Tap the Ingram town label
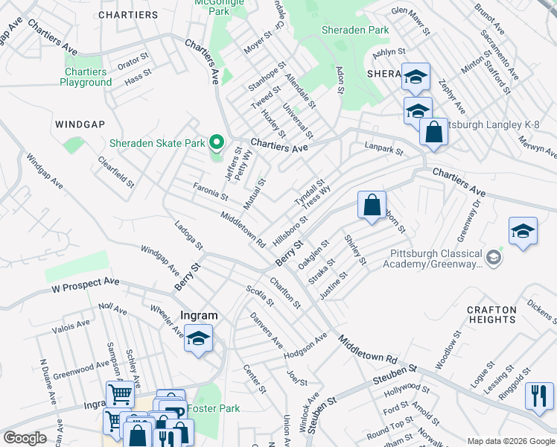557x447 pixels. click(x=198, y=315)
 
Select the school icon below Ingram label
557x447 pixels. click(x=198, y=339)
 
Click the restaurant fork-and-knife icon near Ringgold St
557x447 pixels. click(x=539, y=396)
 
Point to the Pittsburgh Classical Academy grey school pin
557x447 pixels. click(x=492, y=259)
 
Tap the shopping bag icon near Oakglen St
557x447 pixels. click(x=372, y=206)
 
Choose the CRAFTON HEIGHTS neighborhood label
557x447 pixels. click(x=491, y=314)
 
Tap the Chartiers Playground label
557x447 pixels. click(x=86, y=77)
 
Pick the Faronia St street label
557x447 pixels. click(x=210, y=192)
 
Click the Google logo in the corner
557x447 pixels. click(x=25, y=438)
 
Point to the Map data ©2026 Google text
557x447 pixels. click(x=510, y=440)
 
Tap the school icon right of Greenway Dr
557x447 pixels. click(x=523, y=232)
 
